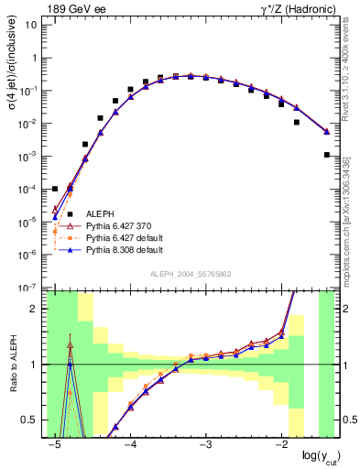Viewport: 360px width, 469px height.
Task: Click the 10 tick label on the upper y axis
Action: click(x=33, y=26)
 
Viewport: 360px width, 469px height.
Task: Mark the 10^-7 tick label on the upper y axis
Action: click(x=30, y=288)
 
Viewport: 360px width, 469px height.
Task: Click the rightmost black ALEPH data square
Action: click(x=327, y=155)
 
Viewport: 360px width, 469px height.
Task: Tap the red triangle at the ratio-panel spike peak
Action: click(x=70, y=346)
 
